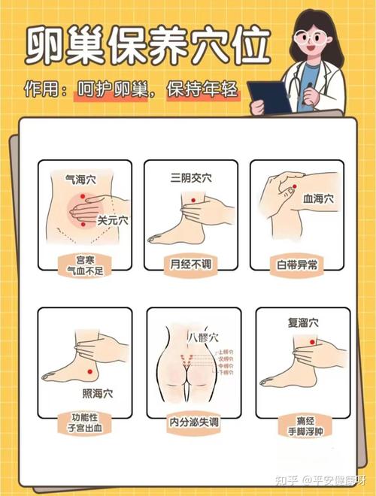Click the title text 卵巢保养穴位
[147, 47]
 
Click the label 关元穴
[113, 221]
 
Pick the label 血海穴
[318, 200]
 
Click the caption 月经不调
[191, 264]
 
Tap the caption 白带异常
[298, 264]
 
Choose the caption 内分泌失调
[194, 423]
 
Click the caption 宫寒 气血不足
[83, 264]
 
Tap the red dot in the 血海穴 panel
[296, 186]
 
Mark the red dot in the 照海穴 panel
[89, 373]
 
